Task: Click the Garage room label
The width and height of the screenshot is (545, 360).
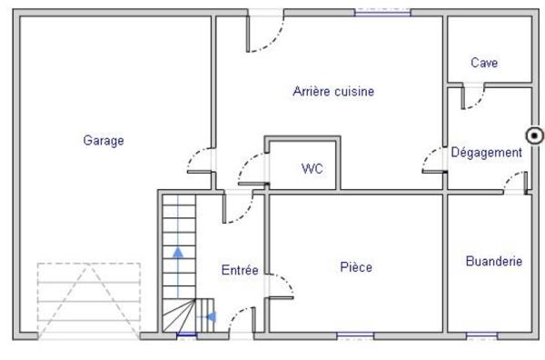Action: (104, 140)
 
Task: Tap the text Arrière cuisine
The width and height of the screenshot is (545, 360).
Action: (333, 91)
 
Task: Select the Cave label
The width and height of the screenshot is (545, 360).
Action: (483, 63)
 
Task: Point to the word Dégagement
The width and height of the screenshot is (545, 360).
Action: (486, 153)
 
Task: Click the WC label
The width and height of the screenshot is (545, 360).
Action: (312, 168)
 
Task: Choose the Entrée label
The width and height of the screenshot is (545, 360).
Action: (240, 270)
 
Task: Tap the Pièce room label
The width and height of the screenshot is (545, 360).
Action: (356, 267)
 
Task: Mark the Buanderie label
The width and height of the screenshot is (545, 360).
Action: (493, 261)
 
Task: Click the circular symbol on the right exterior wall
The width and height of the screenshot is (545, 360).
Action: (535, 136)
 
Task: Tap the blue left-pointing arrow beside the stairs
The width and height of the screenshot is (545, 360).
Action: (211, 316)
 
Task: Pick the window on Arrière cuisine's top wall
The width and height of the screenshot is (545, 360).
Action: (381, 13)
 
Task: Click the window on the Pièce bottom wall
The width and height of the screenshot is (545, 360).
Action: (355, 335)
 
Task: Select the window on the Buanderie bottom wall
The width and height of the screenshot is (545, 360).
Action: (481, 335)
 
